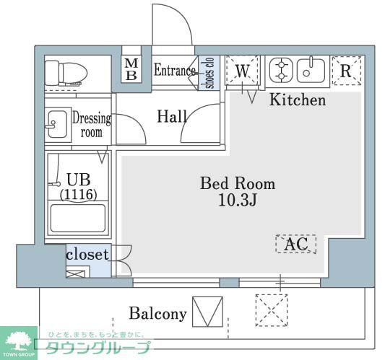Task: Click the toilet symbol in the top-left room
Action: [66, 72]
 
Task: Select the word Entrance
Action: [174, 70]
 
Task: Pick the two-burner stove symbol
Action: [282, 71]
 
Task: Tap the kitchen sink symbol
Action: [312, 71]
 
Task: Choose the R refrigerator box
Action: [345, 71]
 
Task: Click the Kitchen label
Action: [298, 100]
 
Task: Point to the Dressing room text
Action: [92, 126]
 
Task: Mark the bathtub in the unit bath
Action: [78, 219]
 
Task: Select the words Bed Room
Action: [237, 183]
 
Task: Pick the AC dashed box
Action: [295, 245]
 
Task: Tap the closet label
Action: [87, 254]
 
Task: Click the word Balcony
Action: [157, 314]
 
